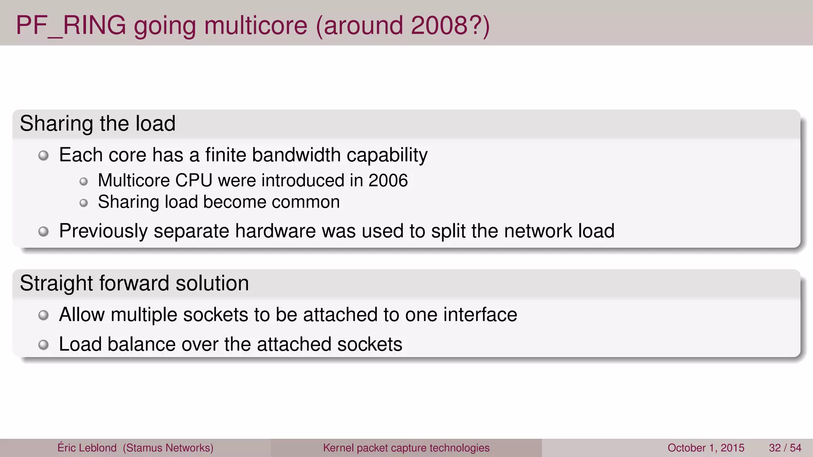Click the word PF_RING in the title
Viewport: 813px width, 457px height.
coord(71,25)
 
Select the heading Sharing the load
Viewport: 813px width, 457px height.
coord(98,123)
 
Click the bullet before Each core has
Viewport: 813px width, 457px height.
coord(43,156)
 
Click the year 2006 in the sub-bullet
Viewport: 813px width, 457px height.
coord(388,180)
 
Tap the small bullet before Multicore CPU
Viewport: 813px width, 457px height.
coord(83,182)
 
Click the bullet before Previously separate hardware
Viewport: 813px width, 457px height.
coord(43,231)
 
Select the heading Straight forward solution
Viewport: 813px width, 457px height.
coord(134,283)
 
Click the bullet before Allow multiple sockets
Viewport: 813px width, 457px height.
coord(43,315)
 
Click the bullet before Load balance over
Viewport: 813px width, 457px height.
coord(43,345)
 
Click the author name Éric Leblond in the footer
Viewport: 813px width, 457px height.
coord(87,448)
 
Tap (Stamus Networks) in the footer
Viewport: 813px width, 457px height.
coord(168,448)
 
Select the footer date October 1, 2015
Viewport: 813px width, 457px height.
coord(705,448)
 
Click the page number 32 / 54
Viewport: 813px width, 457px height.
coord(785,448)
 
